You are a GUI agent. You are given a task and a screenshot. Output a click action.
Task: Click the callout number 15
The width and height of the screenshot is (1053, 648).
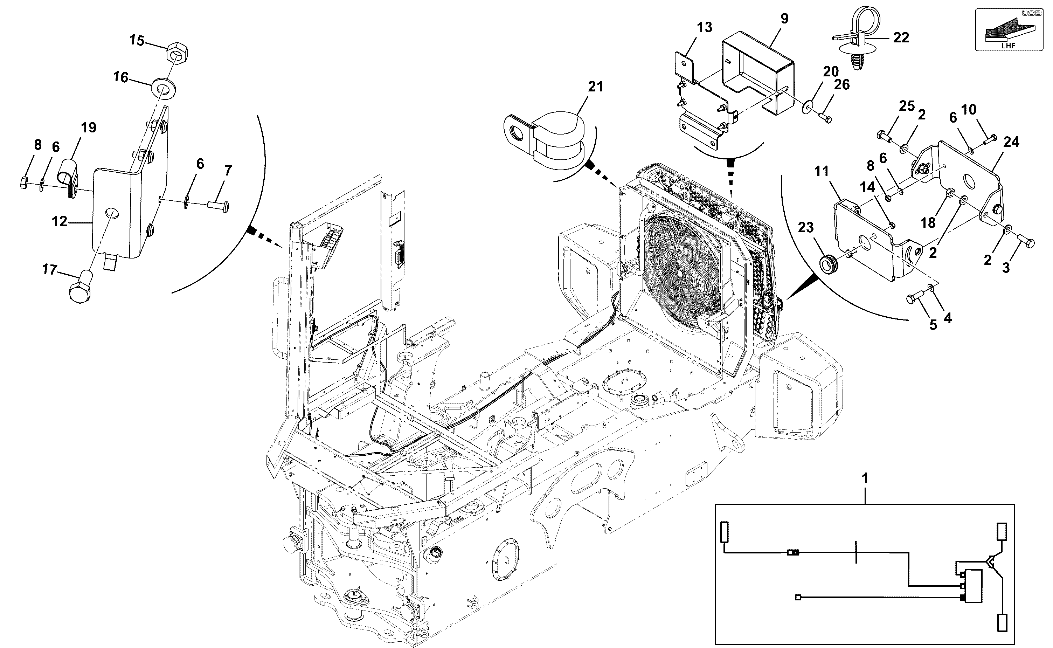pos(137,41)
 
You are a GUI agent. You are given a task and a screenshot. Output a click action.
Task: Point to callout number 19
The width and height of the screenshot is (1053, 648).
pos(89,128)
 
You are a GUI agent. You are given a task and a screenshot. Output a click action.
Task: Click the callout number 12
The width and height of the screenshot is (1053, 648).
pos(60,222)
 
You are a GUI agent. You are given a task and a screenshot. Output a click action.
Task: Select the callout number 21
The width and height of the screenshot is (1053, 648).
pos(595,87)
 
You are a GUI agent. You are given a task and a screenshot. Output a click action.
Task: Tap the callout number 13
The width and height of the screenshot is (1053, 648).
pos(705,27)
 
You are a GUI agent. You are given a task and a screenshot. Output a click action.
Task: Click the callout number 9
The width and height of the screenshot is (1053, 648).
pos(784,19)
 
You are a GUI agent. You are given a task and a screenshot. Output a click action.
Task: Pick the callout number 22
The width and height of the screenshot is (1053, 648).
pos(901,38)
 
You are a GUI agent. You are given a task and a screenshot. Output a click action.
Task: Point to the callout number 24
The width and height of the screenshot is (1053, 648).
pos(1011,142)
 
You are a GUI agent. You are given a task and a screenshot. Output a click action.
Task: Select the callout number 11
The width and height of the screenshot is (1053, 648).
pos(821,171)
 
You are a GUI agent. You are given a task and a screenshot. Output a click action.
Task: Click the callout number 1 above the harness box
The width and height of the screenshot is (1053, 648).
pos(865,478)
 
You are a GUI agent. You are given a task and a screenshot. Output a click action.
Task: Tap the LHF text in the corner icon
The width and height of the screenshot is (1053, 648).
pos(1008,46)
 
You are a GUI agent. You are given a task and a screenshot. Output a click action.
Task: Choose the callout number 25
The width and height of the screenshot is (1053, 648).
pos(907,106)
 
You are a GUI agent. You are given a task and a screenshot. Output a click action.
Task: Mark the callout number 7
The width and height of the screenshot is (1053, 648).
pos(228,171)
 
